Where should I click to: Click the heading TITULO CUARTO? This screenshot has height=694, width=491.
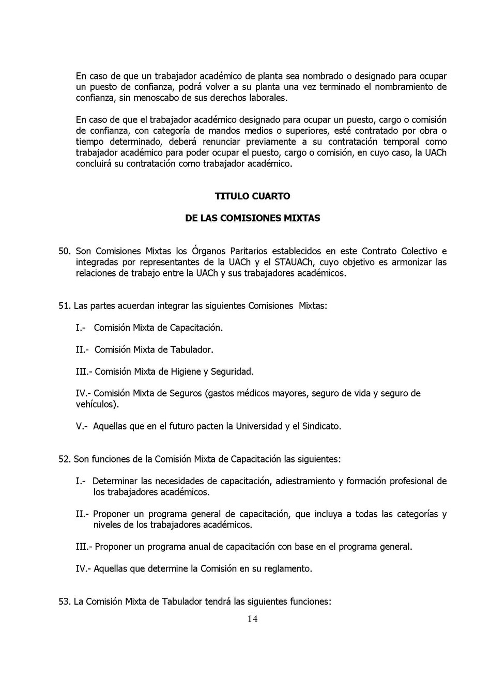pyautogui.click(x=252, y=196)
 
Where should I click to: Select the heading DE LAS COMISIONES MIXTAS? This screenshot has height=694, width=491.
pyautogui.click(x=252, y=218)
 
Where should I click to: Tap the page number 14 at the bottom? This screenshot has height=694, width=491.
pyautogui.click(x=252, y=619)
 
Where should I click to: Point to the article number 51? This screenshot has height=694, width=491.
pyautogui.click(x=64, y=306)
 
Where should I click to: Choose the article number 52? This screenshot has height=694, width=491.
pyautogui.click(x=64, y=459)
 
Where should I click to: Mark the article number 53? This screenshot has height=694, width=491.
pyautogui.click(x=64, y=602)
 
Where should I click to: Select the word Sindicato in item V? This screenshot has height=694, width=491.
pyautogui.click(x=320, y=426)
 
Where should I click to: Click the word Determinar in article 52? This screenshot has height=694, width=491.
pyautogui.click(x=114, y=481)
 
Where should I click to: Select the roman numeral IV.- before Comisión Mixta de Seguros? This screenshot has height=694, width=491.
pyautogui.click(x=84, y=393)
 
